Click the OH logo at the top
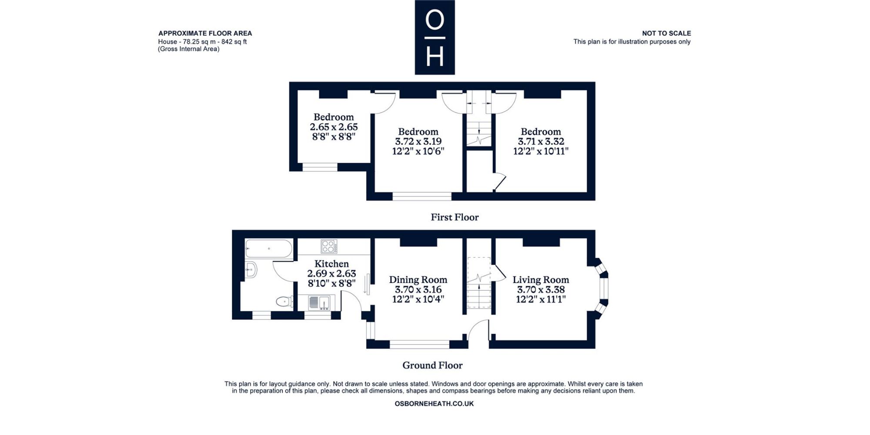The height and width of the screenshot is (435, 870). pos(435,37)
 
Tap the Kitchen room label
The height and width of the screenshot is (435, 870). pos(331,264)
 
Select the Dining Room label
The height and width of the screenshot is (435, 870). pos(418,280)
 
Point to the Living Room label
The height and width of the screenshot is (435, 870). pos(541,280)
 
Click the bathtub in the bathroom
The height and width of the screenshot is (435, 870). pos(268,249)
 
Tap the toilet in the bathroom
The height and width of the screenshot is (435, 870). pos(284,301)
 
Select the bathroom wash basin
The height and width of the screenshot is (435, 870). pos(251,269)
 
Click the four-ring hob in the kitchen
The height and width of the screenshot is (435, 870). pos(329,246)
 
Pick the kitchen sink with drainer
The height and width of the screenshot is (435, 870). pos(319,302)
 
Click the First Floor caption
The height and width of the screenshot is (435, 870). pos(455,217)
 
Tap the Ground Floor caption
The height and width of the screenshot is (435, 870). pos(432,365)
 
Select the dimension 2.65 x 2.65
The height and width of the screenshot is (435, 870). pos(334,127)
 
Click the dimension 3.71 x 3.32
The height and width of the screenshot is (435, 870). pos(541,141)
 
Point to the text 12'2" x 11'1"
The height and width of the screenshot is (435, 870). pos(541,299)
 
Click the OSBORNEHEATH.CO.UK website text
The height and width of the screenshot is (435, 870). pos(434,404)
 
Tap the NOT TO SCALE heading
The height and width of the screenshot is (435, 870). pos(666,33)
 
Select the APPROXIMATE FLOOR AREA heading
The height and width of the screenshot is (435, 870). pos(205,33)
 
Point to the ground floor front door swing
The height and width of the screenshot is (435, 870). pos(478,329)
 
